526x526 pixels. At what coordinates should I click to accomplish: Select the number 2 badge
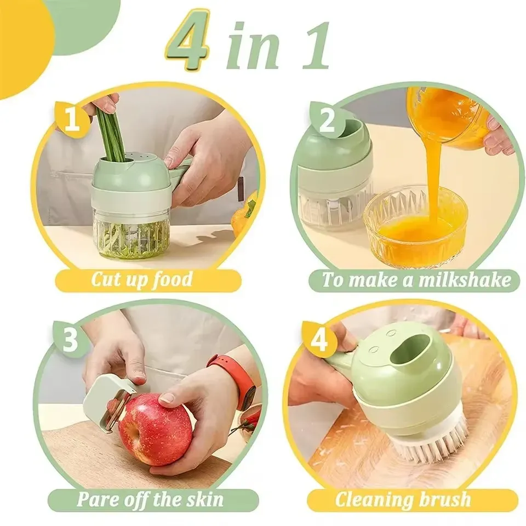click(327, 121)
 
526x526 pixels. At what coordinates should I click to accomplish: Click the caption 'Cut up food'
click(141, 280)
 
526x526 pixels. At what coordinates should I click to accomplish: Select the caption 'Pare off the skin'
click(150, 499)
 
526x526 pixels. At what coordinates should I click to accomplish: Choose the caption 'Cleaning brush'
click(403, 499)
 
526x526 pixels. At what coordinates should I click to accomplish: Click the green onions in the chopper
click(112, 131)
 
